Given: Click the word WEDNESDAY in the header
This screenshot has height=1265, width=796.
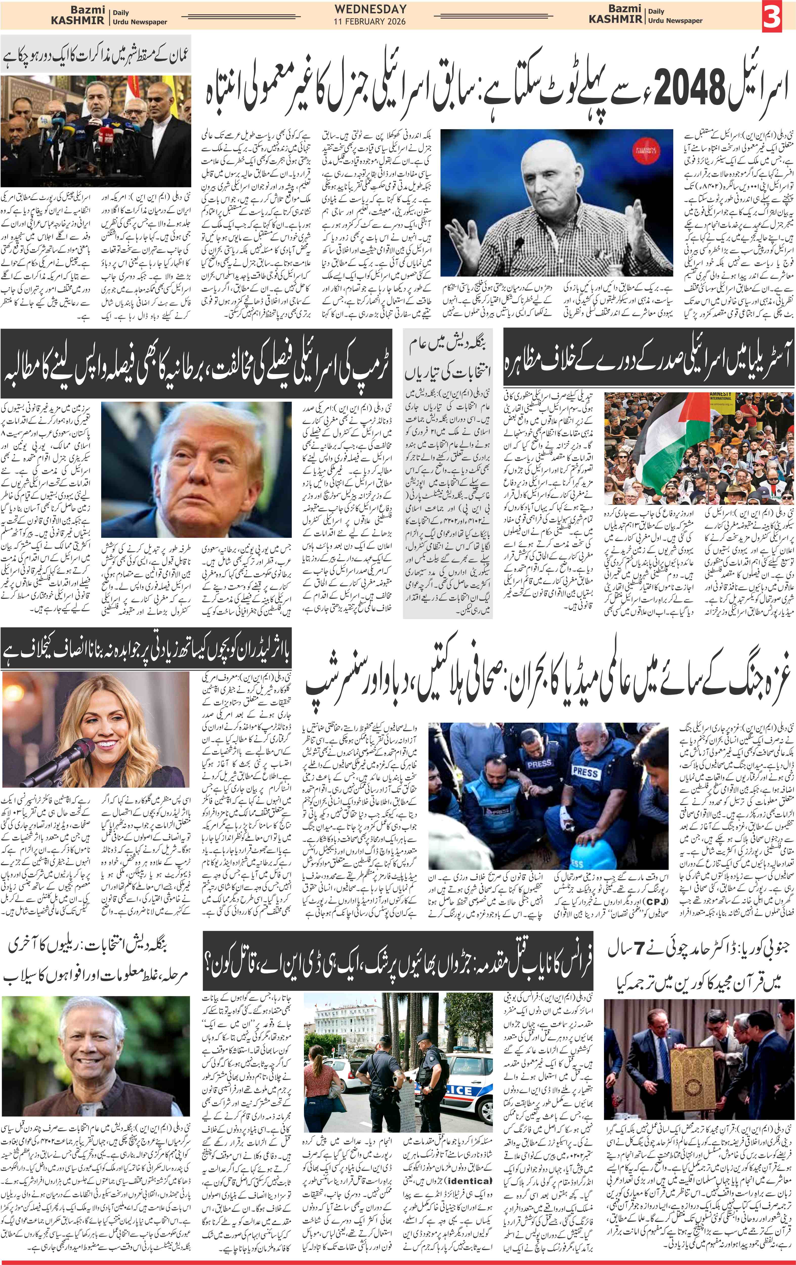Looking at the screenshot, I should pyautogui.click(x=370, y=9).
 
